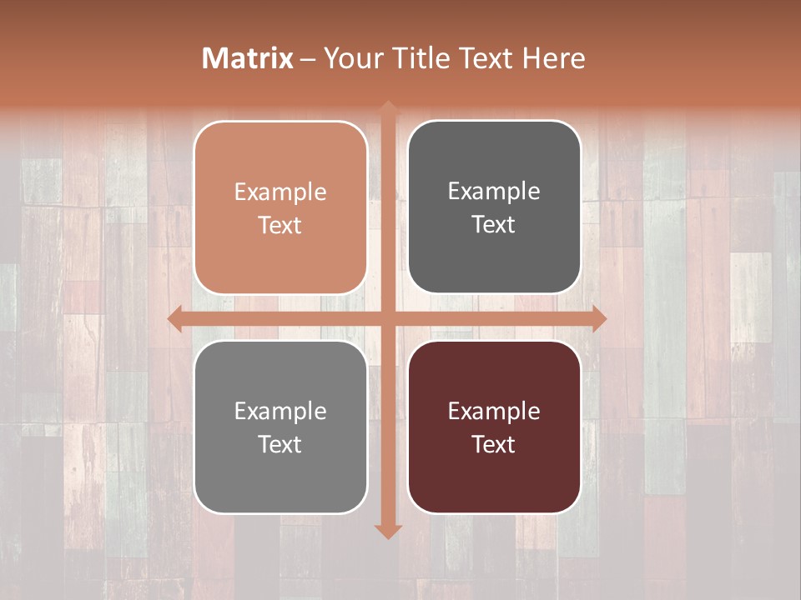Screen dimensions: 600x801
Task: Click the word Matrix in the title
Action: tap(248, 58)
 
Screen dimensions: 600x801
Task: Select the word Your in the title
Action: tap(349, 58)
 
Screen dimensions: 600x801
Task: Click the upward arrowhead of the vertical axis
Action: tap(387, 107)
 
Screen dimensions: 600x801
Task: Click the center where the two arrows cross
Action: tap(387, 318)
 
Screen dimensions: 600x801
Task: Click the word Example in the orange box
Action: tap(280, 192)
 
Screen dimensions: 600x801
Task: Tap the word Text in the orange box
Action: tap(280, 225)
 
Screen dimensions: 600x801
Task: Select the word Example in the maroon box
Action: tap(494, 411)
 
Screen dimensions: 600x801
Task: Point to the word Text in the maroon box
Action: tap(494, 444)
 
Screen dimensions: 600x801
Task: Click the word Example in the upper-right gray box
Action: tap(494, 192)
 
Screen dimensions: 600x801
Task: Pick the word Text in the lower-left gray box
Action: tap(280, 444)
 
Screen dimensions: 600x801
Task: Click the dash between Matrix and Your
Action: tap(308, 59)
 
